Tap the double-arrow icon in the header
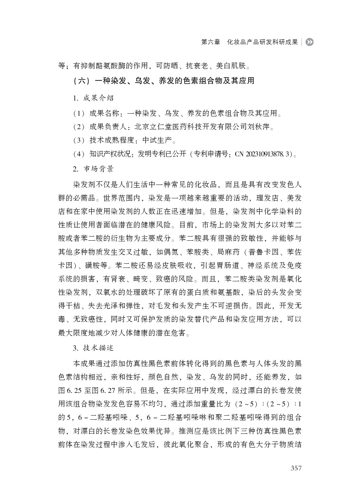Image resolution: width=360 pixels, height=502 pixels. (x=310, y=42)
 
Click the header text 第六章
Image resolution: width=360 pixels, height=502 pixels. (x=210, y=42)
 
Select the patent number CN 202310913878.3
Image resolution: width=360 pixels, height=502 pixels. (x=264, y=154)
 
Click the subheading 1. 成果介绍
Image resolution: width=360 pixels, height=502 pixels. (x=93, y=98)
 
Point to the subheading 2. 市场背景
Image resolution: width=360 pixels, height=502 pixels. (x=93, y=169)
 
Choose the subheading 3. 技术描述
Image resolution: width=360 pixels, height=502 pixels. (x=93, y=348)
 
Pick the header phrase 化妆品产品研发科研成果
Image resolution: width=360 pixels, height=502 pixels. (x=262, y=42)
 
